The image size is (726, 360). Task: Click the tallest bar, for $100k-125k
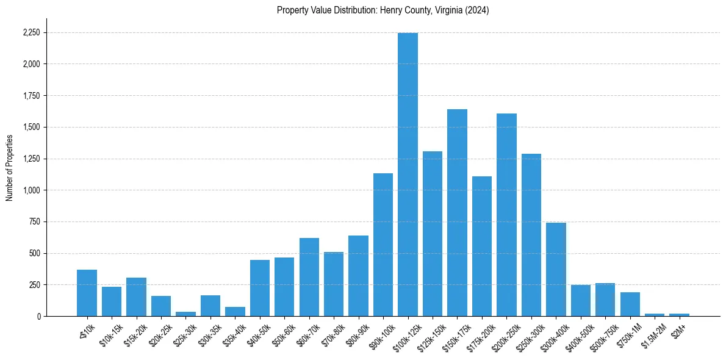pos(408,174)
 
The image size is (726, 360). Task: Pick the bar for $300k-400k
pos(556,269)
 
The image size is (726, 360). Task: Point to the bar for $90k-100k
pos(383,245)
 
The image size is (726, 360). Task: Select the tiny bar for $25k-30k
pos(185,314)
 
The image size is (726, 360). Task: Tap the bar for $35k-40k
pos(235,311)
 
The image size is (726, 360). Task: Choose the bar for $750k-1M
pos(630,304)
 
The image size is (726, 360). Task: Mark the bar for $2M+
pos(679,314)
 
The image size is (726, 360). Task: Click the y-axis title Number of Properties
pos(9,168)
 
